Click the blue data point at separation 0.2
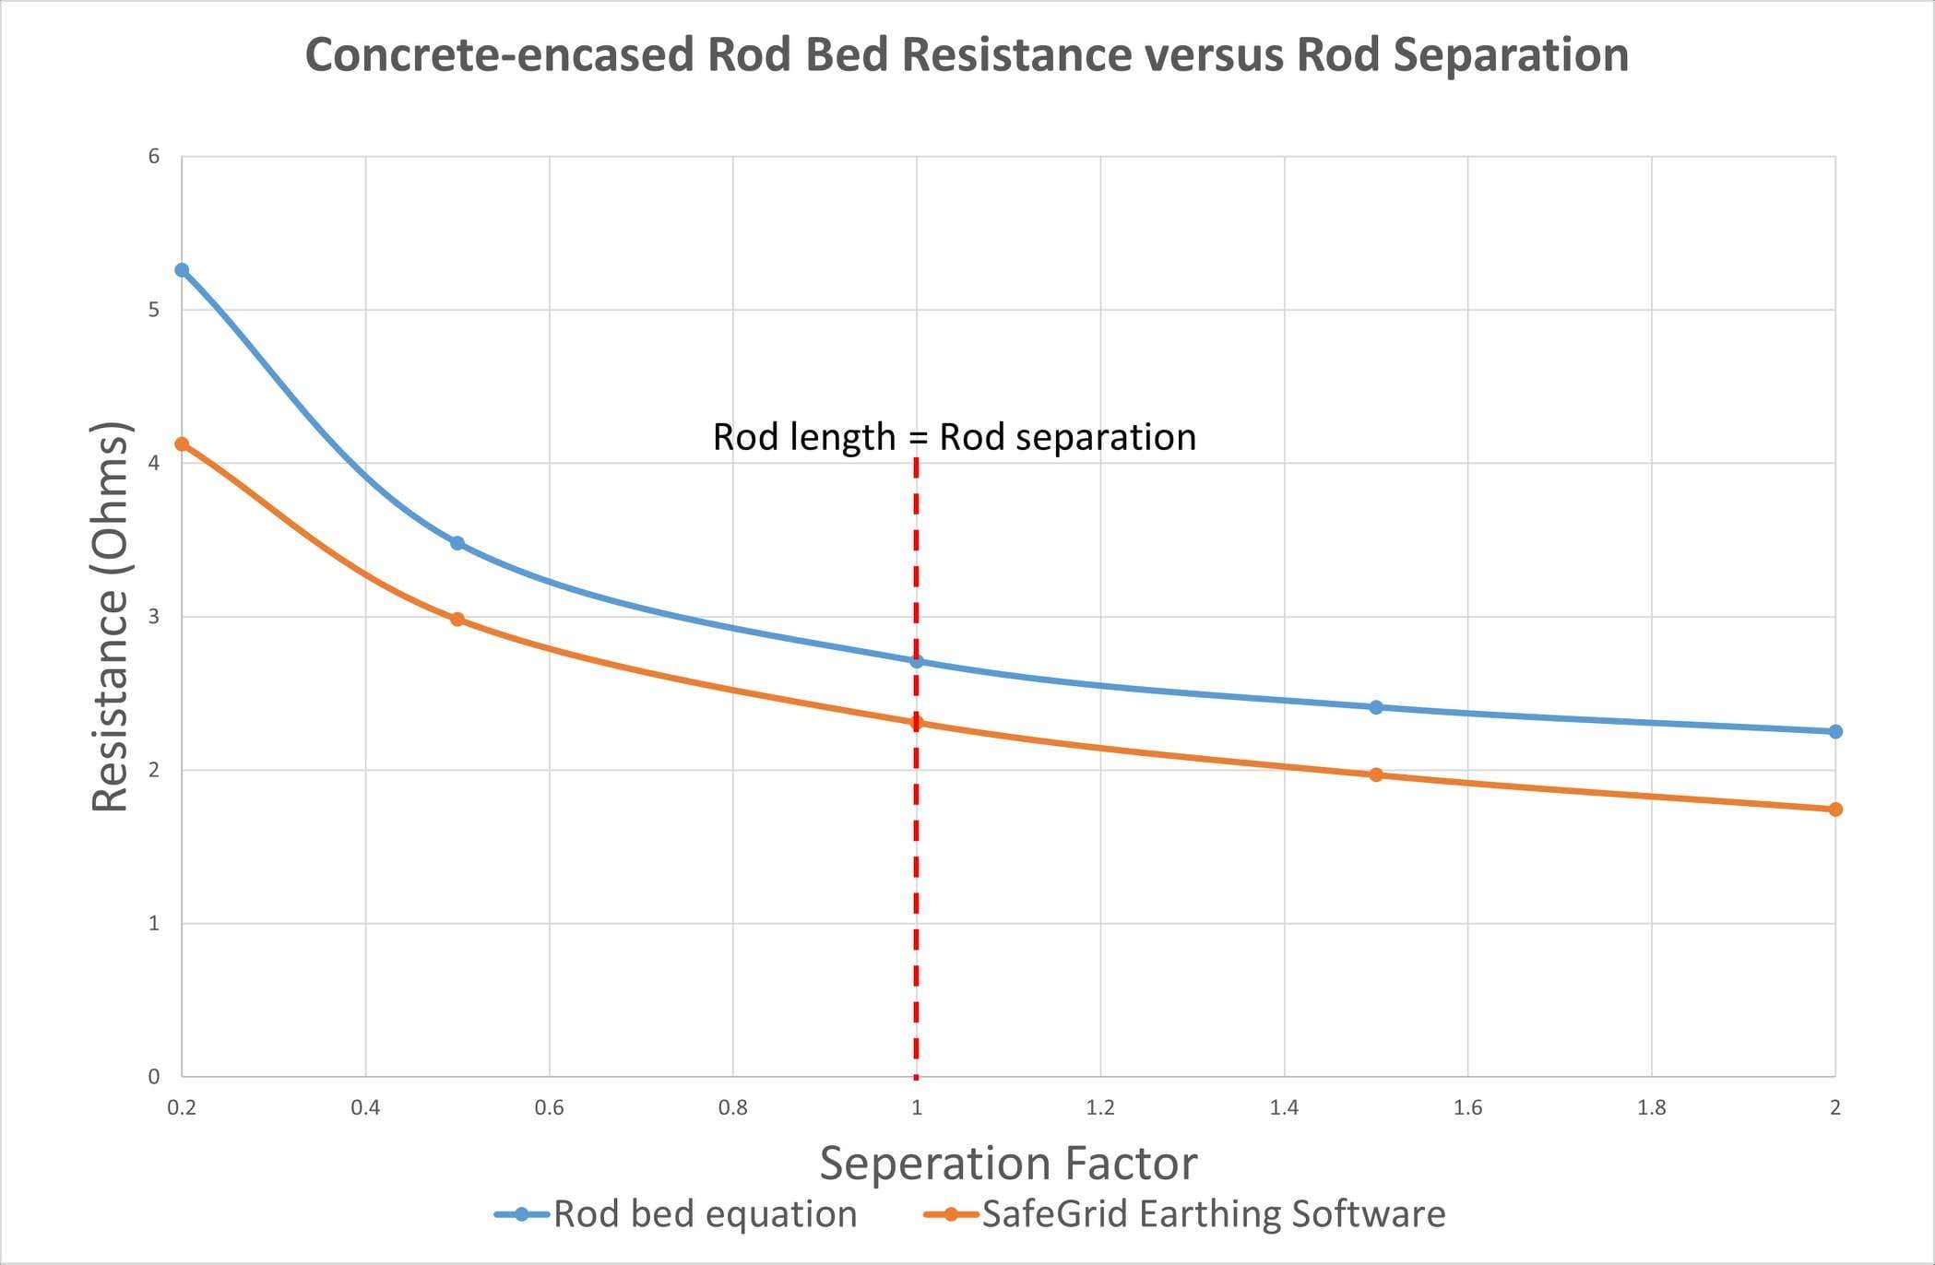[182, 270]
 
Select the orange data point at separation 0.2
[182, 444]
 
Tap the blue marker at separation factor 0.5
[457, 543]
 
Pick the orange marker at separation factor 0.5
[457, 620]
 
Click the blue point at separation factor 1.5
[1376, 707]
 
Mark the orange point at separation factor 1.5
[1376, 774]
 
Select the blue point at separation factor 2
[1835, 731]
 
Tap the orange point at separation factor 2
[1835, 810]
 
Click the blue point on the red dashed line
[917, 661]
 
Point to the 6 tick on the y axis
[154, 157]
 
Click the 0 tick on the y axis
[154, 1076]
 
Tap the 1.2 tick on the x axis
[1100, 1107]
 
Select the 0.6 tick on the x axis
[549, 1107]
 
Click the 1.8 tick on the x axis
[1651, 1107]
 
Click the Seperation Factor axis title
[1008, 1163]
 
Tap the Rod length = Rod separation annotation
[954, 437]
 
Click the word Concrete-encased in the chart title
[499, 54]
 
